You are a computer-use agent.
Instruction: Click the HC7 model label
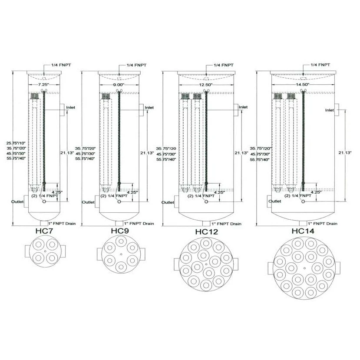tap(44, 231)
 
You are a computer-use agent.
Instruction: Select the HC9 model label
tap(120, 231)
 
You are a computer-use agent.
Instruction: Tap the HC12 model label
tap(206, 231)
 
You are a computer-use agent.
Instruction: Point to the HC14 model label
tap(303, 231)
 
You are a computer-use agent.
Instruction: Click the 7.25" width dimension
tap(43, 85)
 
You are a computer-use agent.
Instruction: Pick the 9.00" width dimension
tap(119, 85)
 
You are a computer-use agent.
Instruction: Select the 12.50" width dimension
tap(206, 85)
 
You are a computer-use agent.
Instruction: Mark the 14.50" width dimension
tap(303, 85)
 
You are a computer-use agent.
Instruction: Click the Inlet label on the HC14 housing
tap(330, 110)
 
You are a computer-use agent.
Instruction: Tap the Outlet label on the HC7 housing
tap(17, 201)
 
